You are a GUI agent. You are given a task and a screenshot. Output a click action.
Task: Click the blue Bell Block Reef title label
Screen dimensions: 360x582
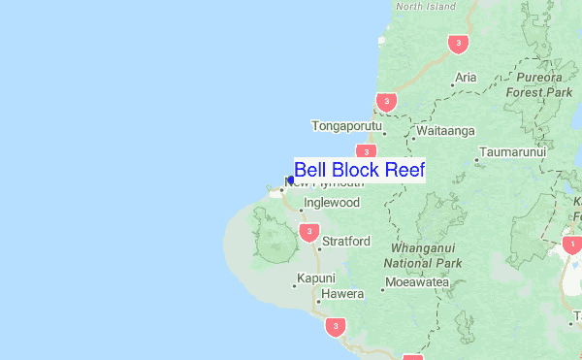pyautogui.click(x=359, y=170)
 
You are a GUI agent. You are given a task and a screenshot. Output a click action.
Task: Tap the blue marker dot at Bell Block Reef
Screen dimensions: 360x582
pyautogui.click(x=291, y=180)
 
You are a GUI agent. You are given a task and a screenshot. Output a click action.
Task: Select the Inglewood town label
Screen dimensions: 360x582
pyautogui.click(x=331, y=203)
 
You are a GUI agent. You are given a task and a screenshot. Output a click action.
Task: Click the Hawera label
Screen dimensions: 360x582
pyautogui.click(x=342, y=293)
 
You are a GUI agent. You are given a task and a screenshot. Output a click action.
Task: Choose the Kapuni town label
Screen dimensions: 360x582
pyautogui.click(x=315, y=278)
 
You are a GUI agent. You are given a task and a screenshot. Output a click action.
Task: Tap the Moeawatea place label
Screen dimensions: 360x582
pyautogui.click(x=418, y=283)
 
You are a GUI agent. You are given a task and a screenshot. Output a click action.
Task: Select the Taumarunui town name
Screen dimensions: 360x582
pyautogui.click(x=514, y=152)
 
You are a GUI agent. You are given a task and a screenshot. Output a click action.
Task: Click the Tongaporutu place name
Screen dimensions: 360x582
pyautogui.click(x=347, y=126)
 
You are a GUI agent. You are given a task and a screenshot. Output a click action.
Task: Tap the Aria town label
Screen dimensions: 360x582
pyautogui.click(x=466, y=77)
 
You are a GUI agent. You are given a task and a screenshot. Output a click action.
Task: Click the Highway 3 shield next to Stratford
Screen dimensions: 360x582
pyautogui.click(x=308, y=231)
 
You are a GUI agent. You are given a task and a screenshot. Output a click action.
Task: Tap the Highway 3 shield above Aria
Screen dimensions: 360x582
pyautogui.click(x=458, y=44)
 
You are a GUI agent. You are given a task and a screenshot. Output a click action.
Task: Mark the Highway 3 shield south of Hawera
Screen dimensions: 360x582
pyautogui.click(x=335, y=326)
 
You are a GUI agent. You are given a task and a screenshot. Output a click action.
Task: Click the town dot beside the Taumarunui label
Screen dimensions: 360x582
pyautogui.click(x=476, y=160)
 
